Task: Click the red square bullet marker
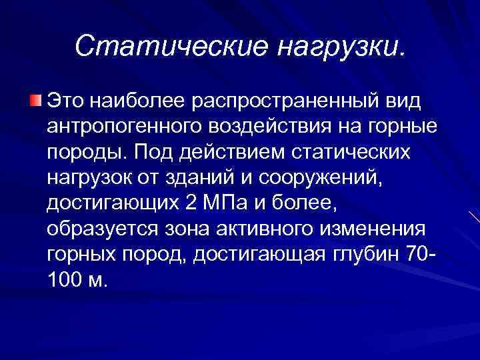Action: click(x=35, y=101)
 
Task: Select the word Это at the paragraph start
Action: click(x=66, y=101)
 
